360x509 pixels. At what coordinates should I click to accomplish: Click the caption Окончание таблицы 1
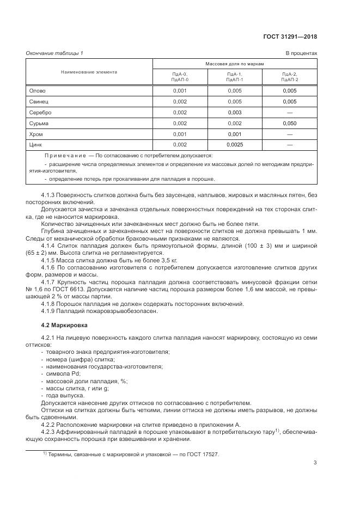[x=54, y=53]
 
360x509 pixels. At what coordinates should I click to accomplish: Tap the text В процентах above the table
[x=301, y=53]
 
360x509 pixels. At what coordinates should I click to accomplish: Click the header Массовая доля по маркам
[x=234, y=64]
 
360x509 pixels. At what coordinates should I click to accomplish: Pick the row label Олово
[x=37, y=91]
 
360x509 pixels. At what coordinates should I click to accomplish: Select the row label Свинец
[x=39, y=101]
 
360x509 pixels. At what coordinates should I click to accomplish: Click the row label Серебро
[x=40, y=112]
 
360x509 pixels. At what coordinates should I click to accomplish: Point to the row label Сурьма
[x=39, y=123]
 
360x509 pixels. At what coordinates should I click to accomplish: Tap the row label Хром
[x=36, y=134]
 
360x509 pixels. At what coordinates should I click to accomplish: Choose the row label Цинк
[x=36, y=145]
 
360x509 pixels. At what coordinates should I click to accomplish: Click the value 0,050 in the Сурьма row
[x=289, y=123]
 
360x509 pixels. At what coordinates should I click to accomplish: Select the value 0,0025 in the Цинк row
[x=234, y=145]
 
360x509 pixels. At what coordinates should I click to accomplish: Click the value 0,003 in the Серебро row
[x=234, y=112]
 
